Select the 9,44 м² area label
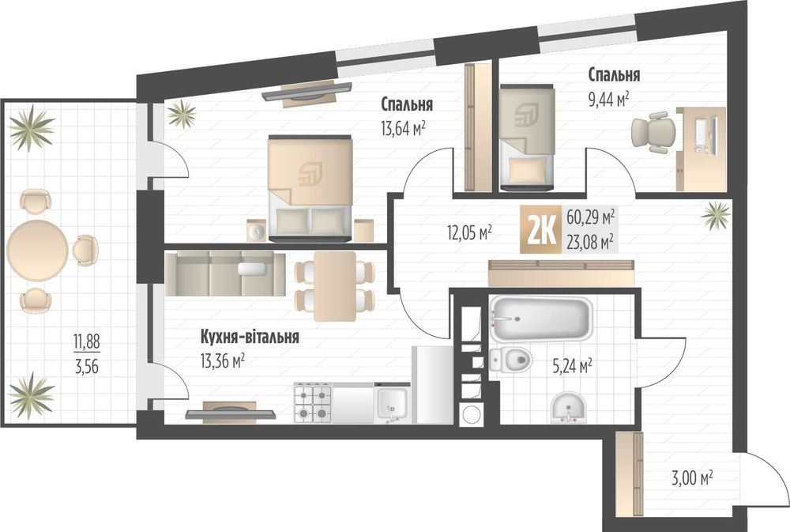(x=608, y=100)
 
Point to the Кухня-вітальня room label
(x=250, y=336)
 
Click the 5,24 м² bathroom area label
(x=572, y=366)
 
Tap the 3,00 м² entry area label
(x=692, y=477)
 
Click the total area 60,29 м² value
(x=590, y=217)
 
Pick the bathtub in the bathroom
(x=540, y=319)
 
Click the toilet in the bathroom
(x=510, y=360)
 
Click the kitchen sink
(x=392, y=403)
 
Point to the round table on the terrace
(x=38, y=250)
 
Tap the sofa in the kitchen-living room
(x=224, y=274)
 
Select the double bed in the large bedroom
(x=310, y=187)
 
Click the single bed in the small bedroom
(x=527, y=138)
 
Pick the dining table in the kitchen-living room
(x=335, y=286)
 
